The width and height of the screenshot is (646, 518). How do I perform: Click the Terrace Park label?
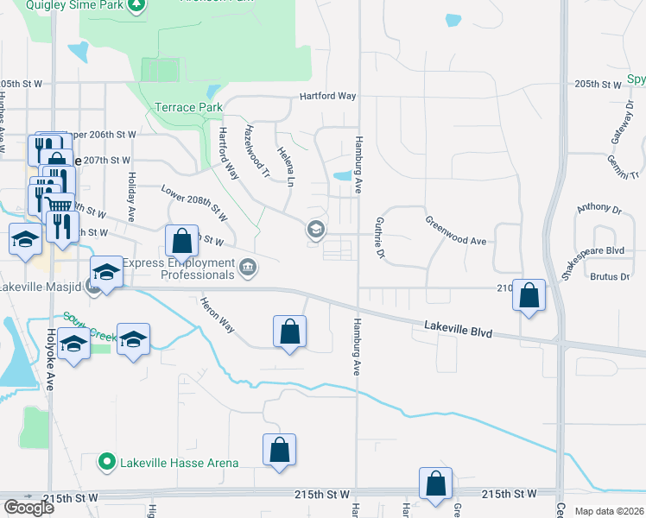coord(183,108)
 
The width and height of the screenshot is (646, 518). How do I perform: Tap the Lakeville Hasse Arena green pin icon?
coord(107,463)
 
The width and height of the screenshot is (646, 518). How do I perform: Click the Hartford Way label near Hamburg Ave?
coord(328,97)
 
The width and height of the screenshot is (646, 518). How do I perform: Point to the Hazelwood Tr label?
coord(257,151)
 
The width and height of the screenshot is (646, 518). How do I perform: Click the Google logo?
coord(28,508)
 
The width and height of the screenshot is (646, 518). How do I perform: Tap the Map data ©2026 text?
coord(609,511)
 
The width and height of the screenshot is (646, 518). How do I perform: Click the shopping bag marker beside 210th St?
coord(529,295)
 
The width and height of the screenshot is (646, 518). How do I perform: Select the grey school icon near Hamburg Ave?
coord(315,230)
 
